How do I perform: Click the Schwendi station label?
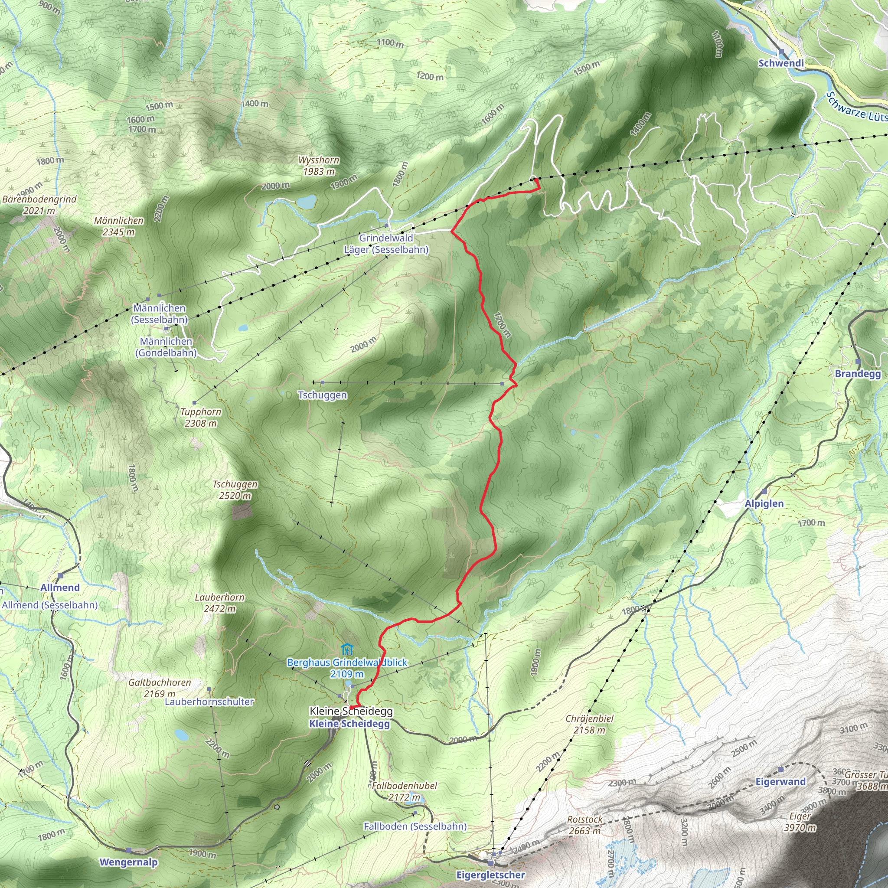(x=781, y=63)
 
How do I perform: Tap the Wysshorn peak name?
(x=319, y=160)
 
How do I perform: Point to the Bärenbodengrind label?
(x=39, y=199)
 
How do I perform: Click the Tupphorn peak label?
(x=201, y=412)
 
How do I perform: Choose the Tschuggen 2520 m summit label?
(x=235, y=484)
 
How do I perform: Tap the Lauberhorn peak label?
(x=220, y=597)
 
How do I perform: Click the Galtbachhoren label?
(x=160, y=682)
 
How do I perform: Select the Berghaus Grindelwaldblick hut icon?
(x=347, y=650)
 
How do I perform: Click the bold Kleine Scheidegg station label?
(x=349, y=724)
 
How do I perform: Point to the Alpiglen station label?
(x=764, y=504)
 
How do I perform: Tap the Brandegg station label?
(x=858, y=374)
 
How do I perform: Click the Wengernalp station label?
(x=129, y=862)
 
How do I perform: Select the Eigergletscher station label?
(x=490, y=875)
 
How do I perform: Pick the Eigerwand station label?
(x=781, y=782)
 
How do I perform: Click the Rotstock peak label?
(x=584, y=819)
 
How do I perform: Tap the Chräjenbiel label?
(x=590, y=718)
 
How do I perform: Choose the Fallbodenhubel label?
(x=405, y=786)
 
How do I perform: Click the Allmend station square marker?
(x=60, y=575)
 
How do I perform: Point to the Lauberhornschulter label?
(x=209, y=702)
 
